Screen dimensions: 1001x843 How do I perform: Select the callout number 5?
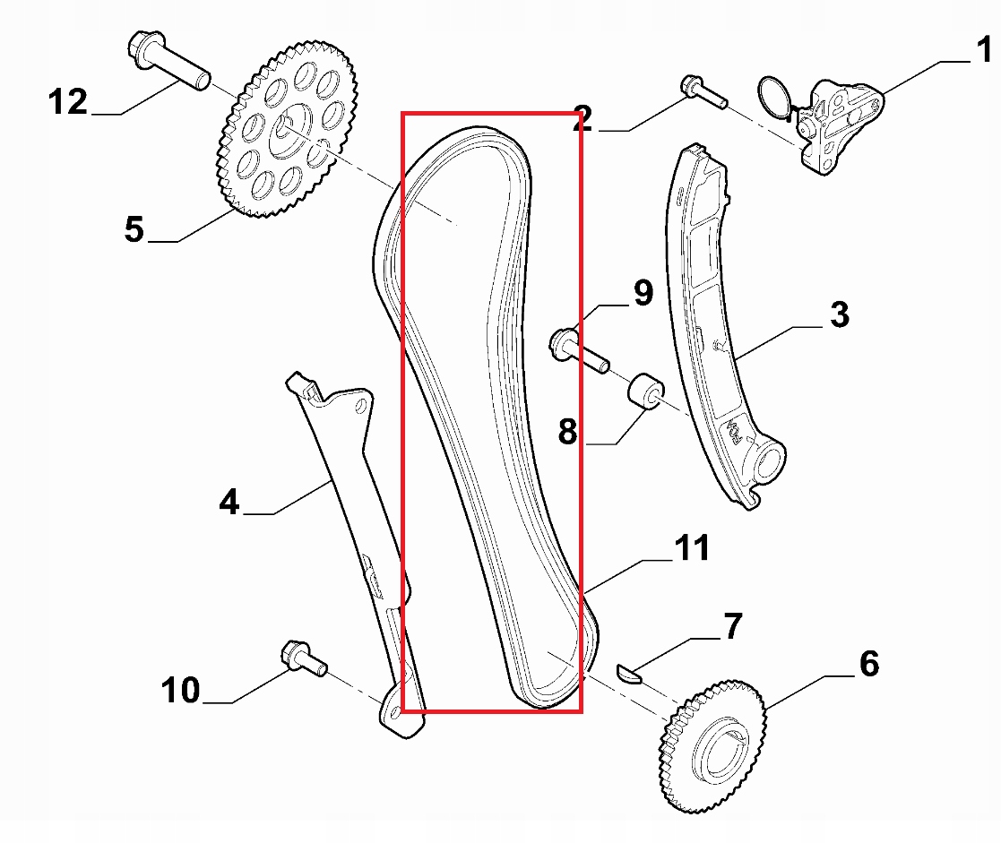coord(134,229)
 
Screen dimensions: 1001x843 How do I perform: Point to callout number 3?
coord(839,314)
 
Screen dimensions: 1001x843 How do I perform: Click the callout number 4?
coord(229,502)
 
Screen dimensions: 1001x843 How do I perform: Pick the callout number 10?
coord(182,690)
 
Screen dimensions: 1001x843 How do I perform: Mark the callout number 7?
coord(733,626)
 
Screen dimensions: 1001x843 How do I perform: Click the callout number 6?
coord(868,664)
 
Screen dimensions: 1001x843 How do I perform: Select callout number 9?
coord(643,294)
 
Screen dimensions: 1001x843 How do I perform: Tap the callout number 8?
coord(568,431)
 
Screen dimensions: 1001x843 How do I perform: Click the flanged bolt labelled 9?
coord(578,350)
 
